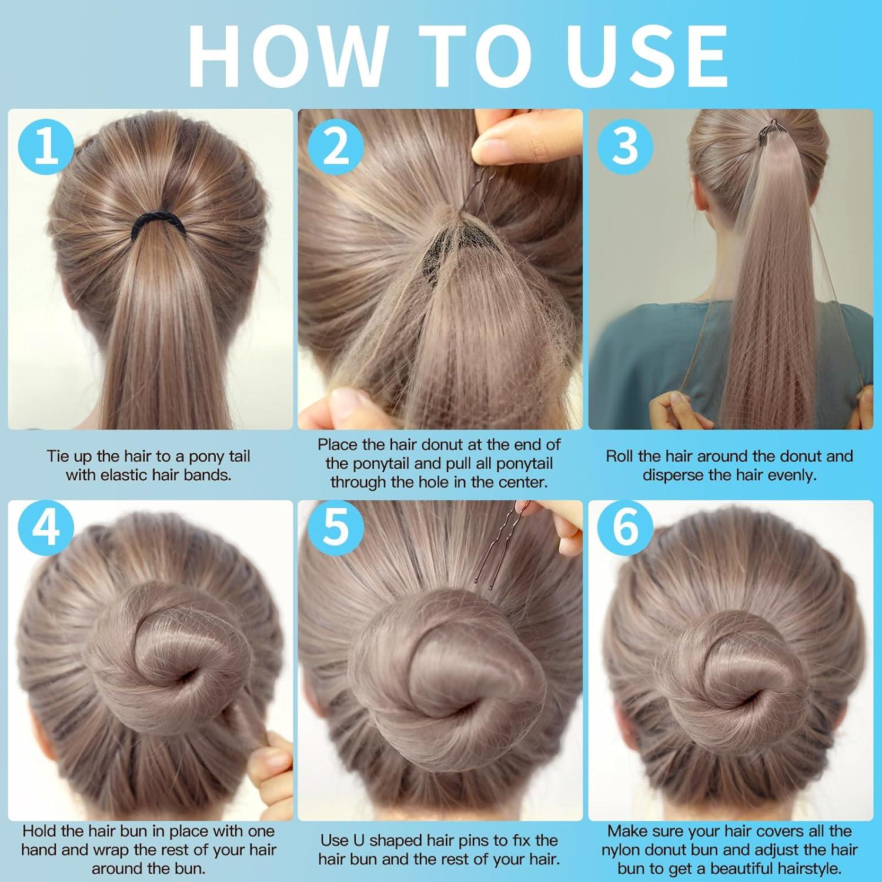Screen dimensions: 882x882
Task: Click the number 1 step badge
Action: tap(46, 148)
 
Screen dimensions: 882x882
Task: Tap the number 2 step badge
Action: tap(336, 148)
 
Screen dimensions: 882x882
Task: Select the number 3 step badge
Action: tap(626, 148)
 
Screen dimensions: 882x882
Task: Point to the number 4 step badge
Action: tap(46, 527)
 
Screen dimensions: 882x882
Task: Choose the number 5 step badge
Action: tap(336, 527)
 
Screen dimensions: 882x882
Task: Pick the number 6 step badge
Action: tap(626, 527)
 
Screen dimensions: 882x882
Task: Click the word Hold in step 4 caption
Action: tap(41, 831)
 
